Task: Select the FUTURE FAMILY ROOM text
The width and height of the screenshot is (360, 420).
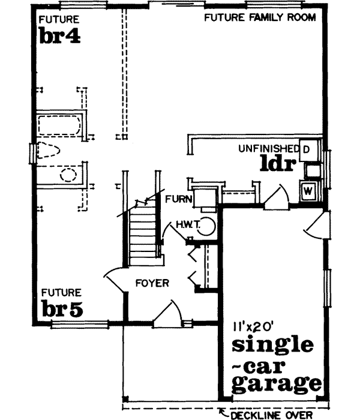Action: click(x=260, y=18)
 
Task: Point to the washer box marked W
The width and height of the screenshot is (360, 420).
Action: click(x=308, y=191)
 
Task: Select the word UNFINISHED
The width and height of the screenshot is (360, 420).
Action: click(x=269, y=148)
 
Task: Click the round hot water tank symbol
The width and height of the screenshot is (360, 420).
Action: click(x=207, y=226)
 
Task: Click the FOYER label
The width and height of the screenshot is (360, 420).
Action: click(x=151, y=283)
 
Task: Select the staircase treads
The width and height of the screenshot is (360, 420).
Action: click(x=143, y=234)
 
